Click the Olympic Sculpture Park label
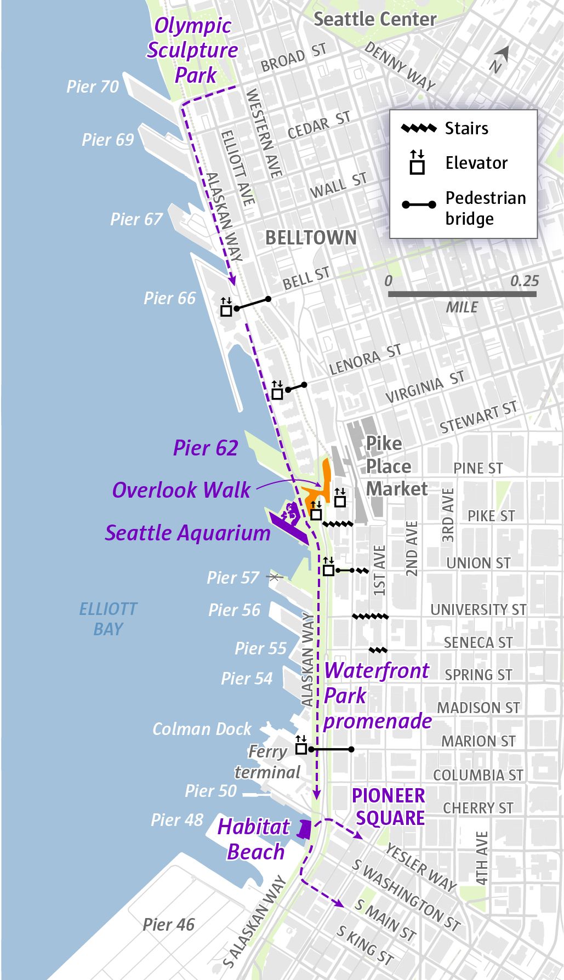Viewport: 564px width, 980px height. point(192,50)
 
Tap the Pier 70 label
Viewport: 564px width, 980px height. point(92,87)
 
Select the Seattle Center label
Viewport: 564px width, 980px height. point(375,19)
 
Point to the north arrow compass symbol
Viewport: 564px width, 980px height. point(500,58)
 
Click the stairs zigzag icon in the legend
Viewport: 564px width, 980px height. point(419,129)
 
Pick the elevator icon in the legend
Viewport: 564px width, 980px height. point(418,163)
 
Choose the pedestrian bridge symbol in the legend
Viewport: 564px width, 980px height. point(419,204)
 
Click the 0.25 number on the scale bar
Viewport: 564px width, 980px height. point(524,281)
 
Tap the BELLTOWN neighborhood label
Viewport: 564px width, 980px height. point(311,237)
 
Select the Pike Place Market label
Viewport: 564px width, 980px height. point(396,466)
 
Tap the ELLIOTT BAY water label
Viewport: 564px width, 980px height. point(108,619)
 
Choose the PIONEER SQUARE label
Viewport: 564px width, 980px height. point(389,806)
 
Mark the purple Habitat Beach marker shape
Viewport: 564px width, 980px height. point(304,829)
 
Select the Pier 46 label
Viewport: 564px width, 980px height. point(168,925)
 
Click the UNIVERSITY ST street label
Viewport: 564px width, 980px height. point(478,609)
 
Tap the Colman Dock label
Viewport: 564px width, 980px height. point(201,728)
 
